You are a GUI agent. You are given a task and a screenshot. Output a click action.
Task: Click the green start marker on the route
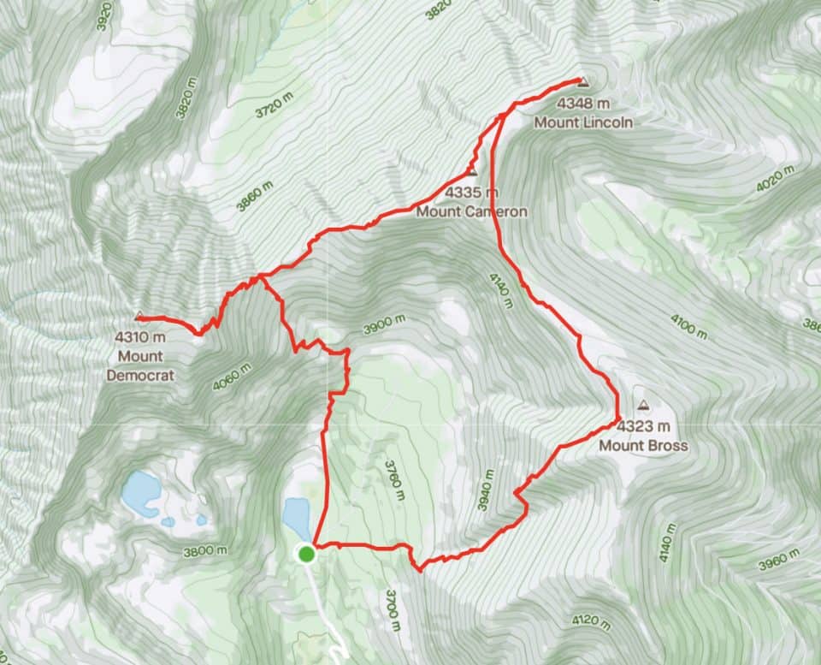(306, 555)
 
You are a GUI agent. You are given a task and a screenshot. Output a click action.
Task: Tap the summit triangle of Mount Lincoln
(584, 83)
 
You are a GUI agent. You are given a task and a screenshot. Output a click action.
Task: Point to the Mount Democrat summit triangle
(139, 316)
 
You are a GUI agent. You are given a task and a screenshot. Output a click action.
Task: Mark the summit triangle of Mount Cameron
(472, 171)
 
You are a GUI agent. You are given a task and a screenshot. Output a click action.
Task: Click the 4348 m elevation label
(582, 104)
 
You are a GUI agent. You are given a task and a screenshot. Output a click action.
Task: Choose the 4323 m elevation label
(642, 426)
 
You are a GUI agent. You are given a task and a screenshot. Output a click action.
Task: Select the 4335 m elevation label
(471, 193)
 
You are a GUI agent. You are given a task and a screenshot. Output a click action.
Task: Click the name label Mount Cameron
(471, 211)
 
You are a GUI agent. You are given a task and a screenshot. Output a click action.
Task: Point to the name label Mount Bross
(643, 445)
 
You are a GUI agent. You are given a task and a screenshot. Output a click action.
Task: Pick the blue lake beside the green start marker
(296, 516)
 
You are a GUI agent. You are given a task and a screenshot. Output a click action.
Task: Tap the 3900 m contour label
(384, 326)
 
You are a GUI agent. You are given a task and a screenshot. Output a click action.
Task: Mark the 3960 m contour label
(779, 561)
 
